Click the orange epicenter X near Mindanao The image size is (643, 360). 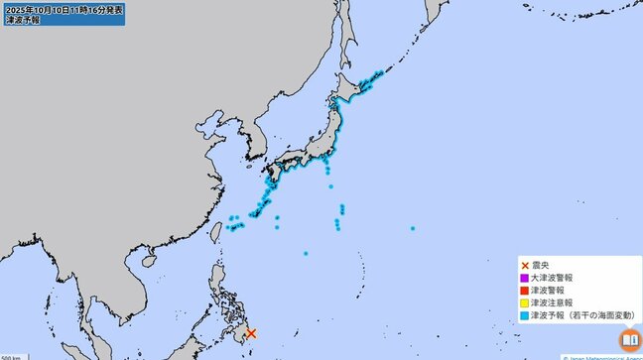pyautogui.click(x=251, y=334)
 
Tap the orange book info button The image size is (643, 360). pyautogui.click(x=628, y=340)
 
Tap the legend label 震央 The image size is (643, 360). pyautogui.click(x=542, y=266)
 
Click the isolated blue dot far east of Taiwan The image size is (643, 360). pyautogui.click(x=412, y=229)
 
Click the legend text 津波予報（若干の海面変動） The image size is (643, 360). pyautogui.click(x=581, y=315)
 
